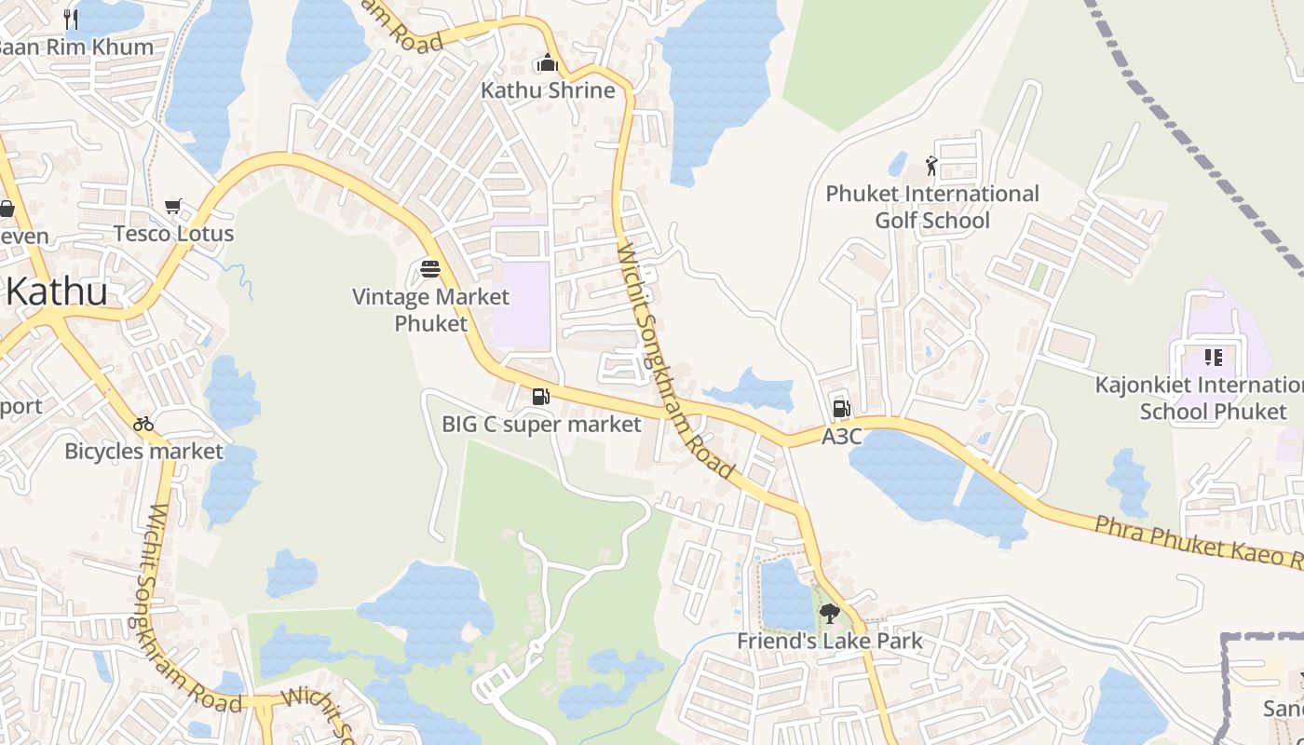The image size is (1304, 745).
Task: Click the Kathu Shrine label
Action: tap(548, 90)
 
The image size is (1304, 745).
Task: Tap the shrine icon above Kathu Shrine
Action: tap(547, 63)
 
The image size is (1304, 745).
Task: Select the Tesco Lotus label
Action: tap(173, 233)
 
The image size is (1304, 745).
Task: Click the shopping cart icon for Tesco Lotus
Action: tap(172, 206)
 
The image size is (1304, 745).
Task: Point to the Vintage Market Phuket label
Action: tap(430, 310)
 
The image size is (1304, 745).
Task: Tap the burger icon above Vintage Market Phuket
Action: tap(430, 269)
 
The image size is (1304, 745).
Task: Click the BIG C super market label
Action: tap(541, 425)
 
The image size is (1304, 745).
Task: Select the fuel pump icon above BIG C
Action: tap(540, 398)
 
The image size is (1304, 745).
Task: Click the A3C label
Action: tap(841, 436)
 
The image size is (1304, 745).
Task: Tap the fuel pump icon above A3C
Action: tap(841, 409)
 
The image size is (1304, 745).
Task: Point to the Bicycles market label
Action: tap(143, 452)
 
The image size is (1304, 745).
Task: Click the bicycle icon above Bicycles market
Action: tap(143, 424)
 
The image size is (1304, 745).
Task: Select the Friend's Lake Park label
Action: tap(830, 641)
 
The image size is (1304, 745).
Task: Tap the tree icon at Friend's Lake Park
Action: tap(829, 614)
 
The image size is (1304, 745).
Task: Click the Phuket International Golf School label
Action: tap(932, 207)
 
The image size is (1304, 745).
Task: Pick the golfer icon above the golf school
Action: tap(931, 166)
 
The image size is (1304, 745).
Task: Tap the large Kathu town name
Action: tap(56, 291)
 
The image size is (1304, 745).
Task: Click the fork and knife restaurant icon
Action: tap(71, 18)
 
